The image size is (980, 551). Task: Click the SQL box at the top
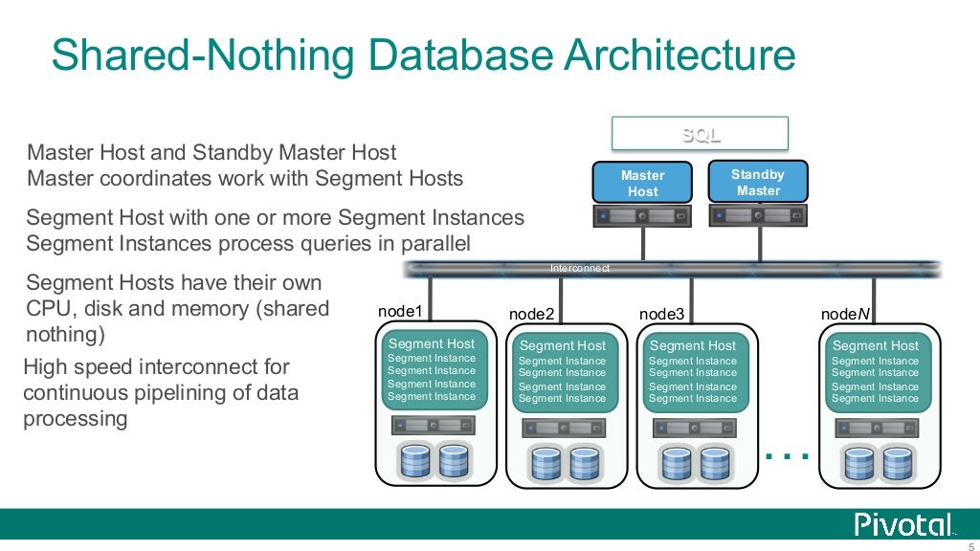click(700, 134)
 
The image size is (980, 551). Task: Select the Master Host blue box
click(642, 183)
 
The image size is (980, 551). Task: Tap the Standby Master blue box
click(758, 182)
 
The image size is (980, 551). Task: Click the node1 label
click(400, 312)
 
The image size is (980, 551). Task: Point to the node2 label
click(531, 314)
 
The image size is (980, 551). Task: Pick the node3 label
click(661, 314)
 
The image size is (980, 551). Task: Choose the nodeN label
click(845, 314)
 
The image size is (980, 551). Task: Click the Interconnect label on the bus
click(580, 269)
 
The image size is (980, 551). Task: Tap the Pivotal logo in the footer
click(904, 524)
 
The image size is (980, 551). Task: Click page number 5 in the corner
click(970, 546)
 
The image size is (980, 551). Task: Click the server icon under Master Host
click(642, 217)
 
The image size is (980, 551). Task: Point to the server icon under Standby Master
click(758, 216)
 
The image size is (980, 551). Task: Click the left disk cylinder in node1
click(415, 461)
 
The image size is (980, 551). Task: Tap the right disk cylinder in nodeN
click(897, 463)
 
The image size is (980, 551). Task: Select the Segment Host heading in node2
click(563, 345)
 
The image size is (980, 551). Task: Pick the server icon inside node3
click(693, 428)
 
